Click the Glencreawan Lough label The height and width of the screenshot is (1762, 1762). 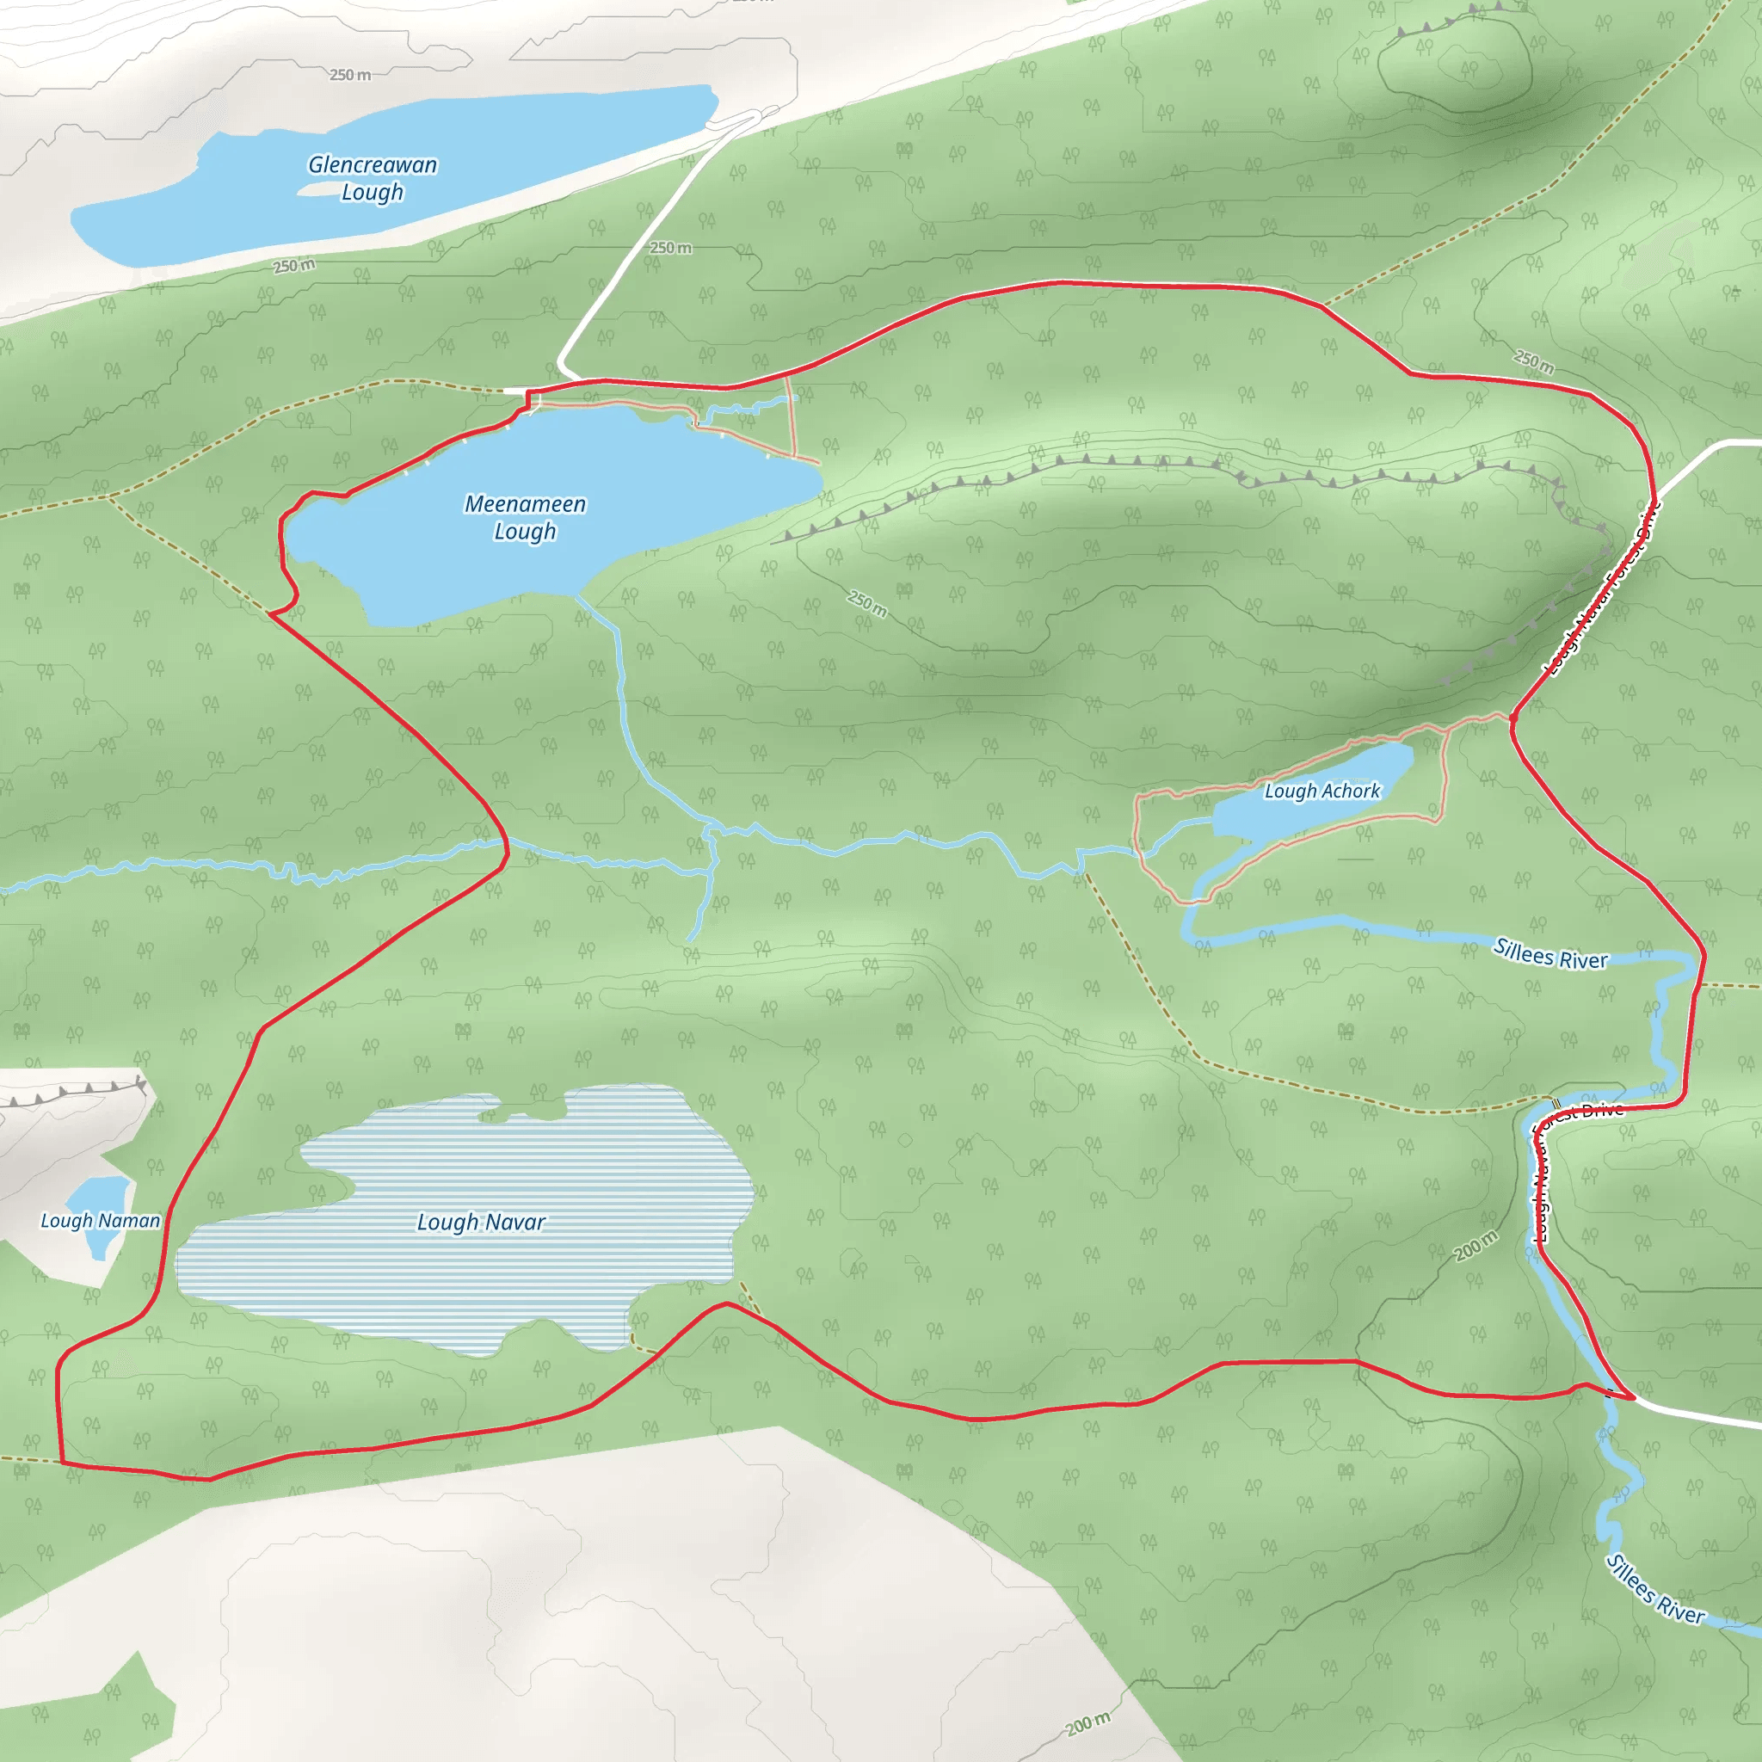[x=372, y=178]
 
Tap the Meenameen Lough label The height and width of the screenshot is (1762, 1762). [x=526, y=517]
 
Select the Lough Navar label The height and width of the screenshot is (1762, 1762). [x=481, y=1222]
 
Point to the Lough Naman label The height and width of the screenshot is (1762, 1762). [x=101, y=1220]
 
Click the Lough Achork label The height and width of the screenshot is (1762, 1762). [x=1321, y=791]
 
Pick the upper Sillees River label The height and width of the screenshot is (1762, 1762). [x=1550, y=954]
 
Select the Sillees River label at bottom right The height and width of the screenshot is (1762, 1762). [x=1654, y=1589]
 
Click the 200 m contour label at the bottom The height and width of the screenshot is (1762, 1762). [x=1088, y=1723]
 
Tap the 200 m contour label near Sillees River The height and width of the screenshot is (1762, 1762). [x=1476, y=1245]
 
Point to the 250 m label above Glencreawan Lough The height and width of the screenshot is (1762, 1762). [x=350, y=75]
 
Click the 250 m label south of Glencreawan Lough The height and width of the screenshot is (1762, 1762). [x=293, y=265]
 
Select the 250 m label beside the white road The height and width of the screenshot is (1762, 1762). [x=670, y=248]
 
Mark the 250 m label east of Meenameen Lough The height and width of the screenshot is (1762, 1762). [x=867, y=603]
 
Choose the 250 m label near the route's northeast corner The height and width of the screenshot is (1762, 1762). [x=1534, y=361]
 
